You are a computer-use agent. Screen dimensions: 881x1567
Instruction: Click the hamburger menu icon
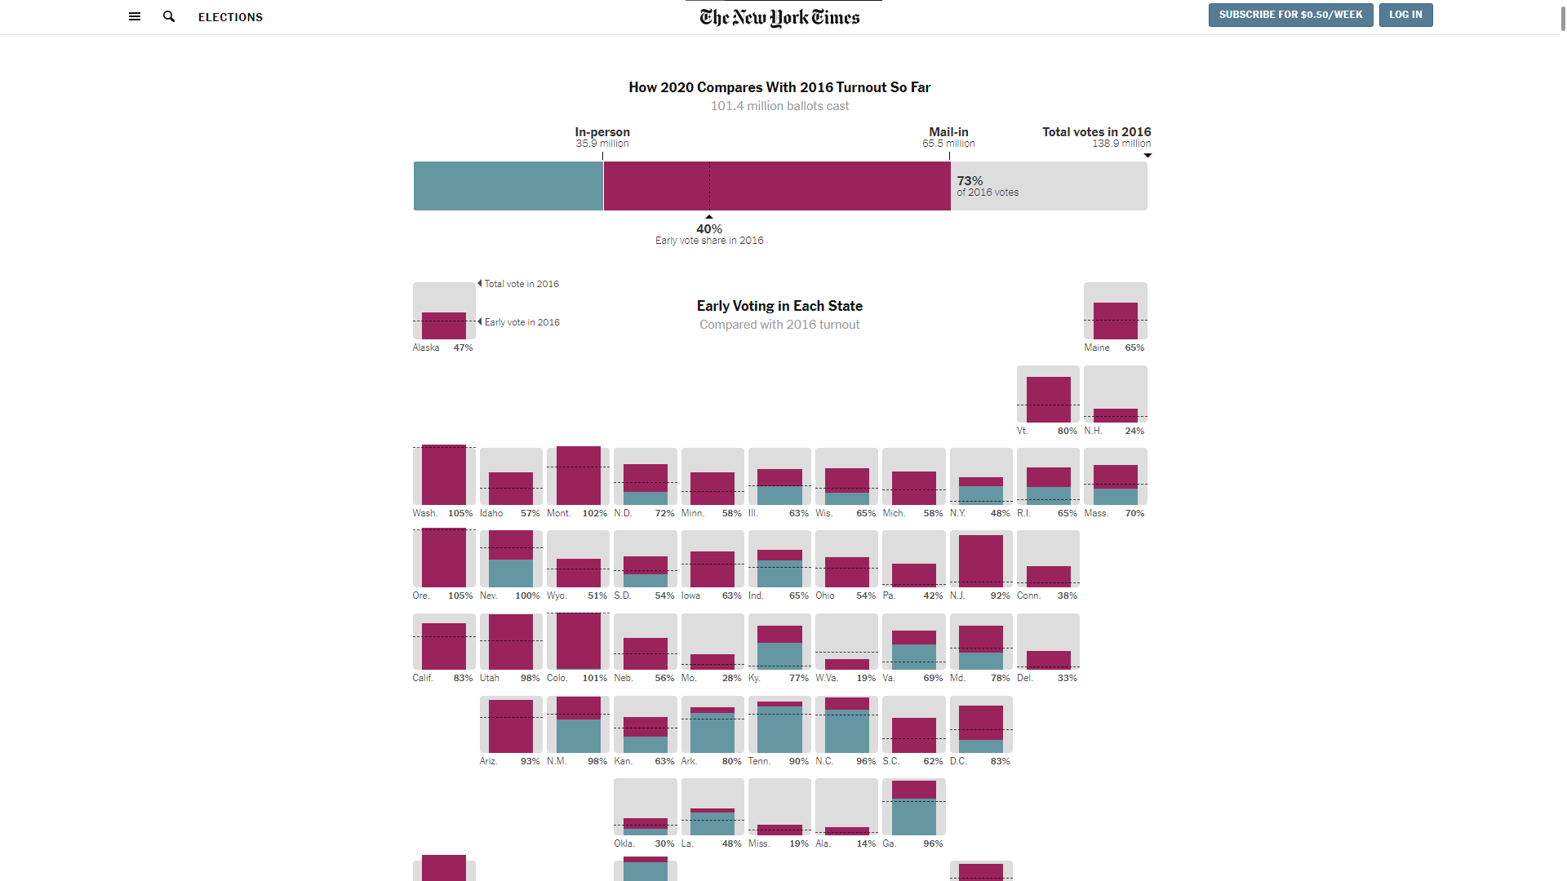[135, 16]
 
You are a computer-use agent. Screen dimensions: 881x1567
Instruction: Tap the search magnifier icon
[169, 16]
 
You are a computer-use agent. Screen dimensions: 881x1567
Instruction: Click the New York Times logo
[779, 17]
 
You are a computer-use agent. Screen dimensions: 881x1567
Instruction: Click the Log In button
[1405, 15]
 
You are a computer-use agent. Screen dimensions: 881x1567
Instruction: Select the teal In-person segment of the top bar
[508, 186]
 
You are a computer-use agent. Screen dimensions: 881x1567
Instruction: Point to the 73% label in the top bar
[970, 181]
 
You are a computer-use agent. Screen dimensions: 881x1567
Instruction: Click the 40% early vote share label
[709, 229]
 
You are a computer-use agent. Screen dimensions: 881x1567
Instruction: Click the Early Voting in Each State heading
[779, 306]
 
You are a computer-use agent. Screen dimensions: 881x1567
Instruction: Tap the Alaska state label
[426, 348]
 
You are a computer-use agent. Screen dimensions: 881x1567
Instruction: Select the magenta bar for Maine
[1115, 321]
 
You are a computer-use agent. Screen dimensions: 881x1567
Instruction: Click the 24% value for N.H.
[1134, 431]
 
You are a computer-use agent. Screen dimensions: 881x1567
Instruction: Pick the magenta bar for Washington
[444, 475]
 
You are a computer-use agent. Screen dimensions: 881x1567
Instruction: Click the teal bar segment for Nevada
[511, 573]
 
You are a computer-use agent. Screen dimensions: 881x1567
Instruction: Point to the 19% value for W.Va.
[866, 678]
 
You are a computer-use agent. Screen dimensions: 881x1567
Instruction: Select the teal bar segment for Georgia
[913, 817]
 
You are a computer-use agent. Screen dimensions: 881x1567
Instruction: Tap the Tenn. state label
[759, 761]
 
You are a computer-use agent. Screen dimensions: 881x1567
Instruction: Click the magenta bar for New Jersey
[980, 561]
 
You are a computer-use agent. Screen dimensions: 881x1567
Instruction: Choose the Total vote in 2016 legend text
[522, 284]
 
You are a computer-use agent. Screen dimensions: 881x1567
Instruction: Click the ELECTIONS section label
[230, 17]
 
